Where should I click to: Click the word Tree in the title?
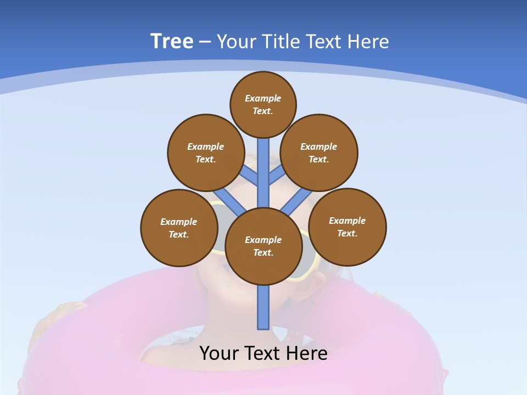[172, 41]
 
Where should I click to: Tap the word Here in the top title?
[368, 42]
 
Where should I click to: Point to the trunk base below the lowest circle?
[263, 307]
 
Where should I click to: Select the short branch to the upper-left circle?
[250, 177]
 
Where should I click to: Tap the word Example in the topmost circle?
[263, 99]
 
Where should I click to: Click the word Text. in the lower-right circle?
[347, 233]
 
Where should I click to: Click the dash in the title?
[205, 42]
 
